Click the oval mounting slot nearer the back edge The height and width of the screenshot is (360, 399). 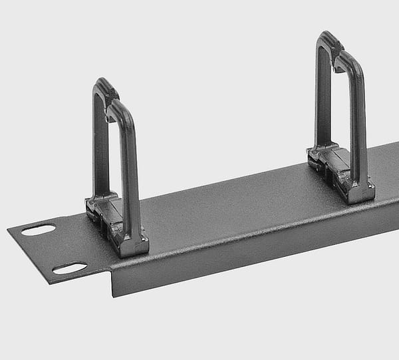click(x=38, y=230)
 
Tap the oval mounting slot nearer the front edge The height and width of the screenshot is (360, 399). click(x=69, y=268)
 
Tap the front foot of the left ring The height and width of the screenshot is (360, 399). click(x=133, y=246)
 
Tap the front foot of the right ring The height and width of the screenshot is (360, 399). click(x=359, y=193)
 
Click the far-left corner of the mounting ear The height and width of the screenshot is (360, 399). click(x=8, y=230)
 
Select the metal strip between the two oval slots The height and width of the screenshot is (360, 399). click(x=53, y=249)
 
